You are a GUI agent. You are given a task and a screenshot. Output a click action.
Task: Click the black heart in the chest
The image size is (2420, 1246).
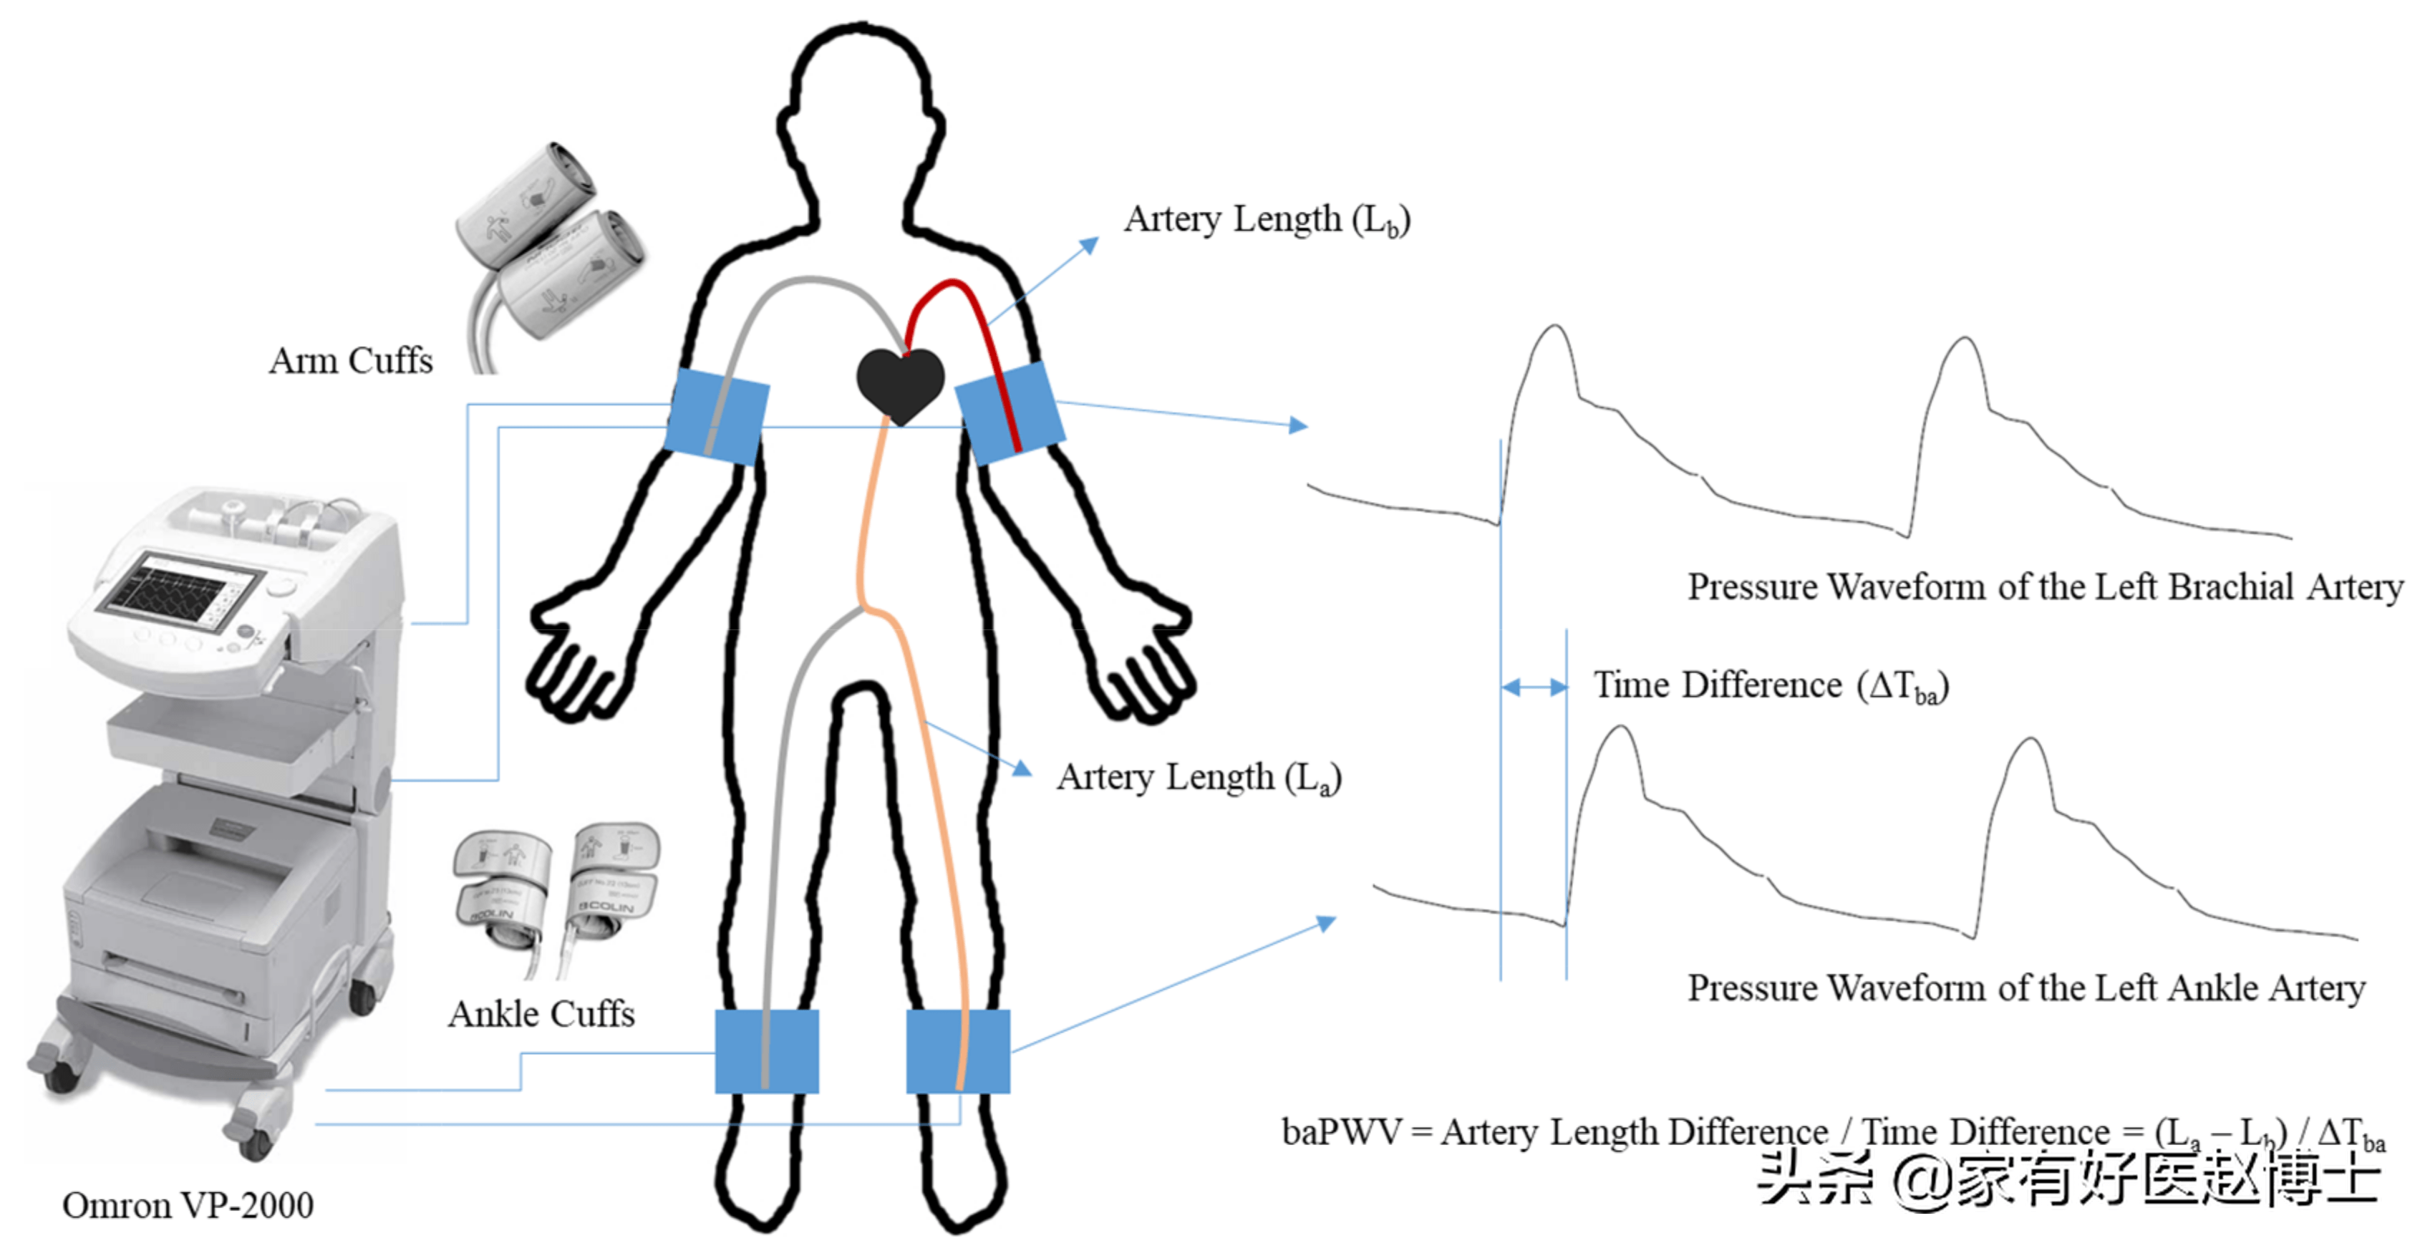[x=899, y=383]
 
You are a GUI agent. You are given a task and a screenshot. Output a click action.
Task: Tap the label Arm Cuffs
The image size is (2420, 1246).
[x=350, y=361]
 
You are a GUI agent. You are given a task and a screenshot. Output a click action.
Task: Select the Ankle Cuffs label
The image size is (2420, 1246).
[x=541, y=1014]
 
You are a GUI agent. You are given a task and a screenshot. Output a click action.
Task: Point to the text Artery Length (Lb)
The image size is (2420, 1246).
[x=1267, y=220]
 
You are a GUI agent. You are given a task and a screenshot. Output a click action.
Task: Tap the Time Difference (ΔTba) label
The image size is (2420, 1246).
[x=1771, y=686]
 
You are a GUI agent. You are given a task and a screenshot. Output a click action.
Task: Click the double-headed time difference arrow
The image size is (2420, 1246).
[x=1533, y=687]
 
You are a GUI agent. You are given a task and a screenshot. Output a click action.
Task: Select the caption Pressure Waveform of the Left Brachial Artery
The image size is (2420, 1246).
[x=2044, y=587]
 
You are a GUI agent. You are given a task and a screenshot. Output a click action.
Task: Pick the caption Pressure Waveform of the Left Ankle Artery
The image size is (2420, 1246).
[x=2025, y=988]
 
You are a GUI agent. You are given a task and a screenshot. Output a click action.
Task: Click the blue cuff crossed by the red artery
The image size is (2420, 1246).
[x=1011, y=413]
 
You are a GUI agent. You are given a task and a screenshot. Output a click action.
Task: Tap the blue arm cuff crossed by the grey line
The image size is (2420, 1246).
[x=717, y=416]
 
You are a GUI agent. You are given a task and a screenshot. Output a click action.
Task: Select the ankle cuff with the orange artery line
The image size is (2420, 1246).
[x=957, y=1051]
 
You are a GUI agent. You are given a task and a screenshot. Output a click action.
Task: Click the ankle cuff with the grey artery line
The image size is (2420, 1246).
[x=767, y=1051]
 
